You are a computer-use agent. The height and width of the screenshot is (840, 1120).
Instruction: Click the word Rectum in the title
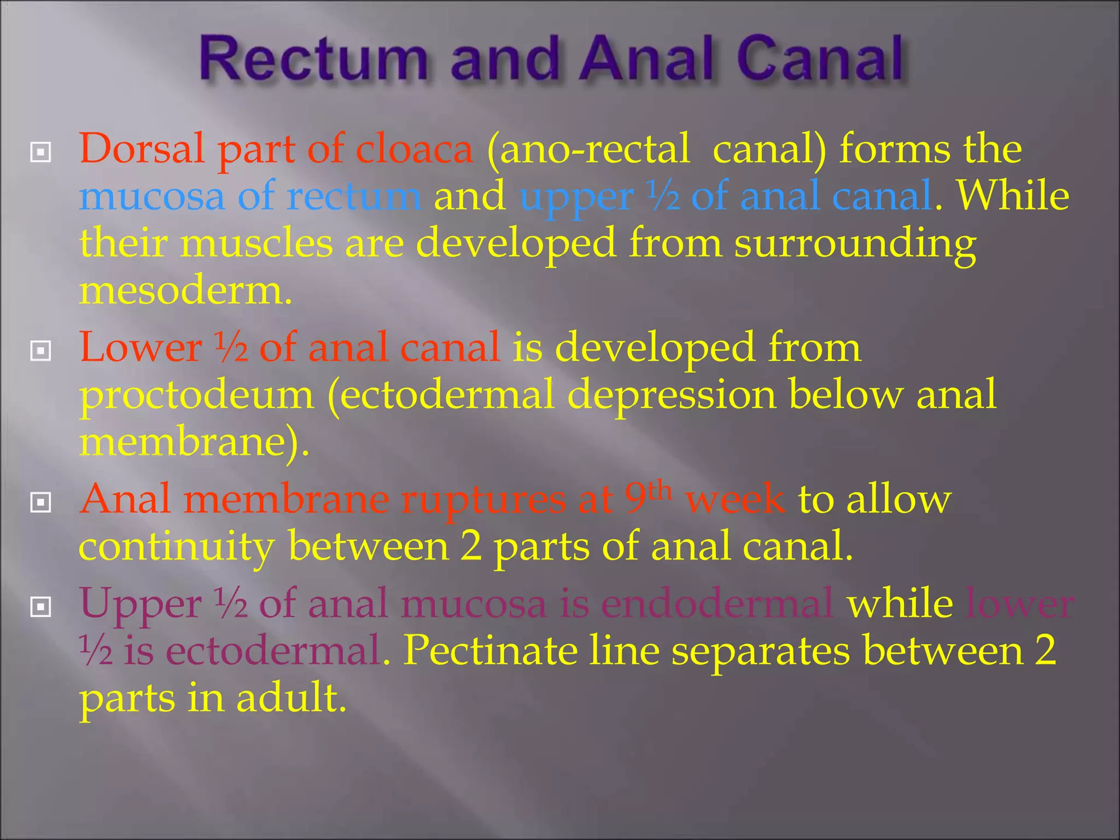[x=312, y=59]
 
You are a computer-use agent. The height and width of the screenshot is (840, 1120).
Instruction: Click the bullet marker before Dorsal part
[x=41, y=153]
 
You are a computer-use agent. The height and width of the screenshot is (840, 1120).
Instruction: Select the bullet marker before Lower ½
[x=41, y=351]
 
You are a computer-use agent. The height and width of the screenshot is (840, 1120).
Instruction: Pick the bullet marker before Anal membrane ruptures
[x=41, y=503]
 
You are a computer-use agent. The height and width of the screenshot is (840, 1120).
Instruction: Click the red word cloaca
[x=414, y=149]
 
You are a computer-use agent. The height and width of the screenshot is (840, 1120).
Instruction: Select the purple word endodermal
[x=717, y=604]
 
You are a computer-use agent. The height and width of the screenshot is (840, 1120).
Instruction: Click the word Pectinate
[x=490, y=651]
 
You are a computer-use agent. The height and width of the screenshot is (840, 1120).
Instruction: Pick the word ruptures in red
[x=483, y=500]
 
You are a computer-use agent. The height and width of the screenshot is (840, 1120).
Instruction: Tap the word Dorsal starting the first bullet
[x=142, y=149]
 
